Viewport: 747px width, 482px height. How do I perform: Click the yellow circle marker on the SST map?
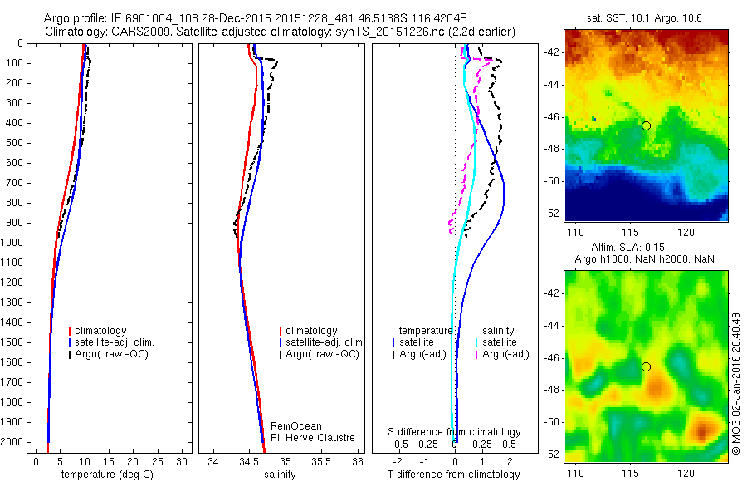point(646,125)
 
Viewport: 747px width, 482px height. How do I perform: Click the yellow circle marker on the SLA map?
point(646,366)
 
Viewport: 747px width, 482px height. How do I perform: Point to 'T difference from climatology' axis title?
point(454,475)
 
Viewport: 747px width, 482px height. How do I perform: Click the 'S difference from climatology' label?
point(455,432)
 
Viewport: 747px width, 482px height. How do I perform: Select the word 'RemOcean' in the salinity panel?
point(296,426)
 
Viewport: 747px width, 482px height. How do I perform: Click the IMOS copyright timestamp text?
point(735,384)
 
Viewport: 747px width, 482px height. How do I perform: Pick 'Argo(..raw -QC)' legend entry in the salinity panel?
point(322,354)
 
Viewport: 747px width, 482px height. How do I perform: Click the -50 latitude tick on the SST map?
point(553,180)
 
